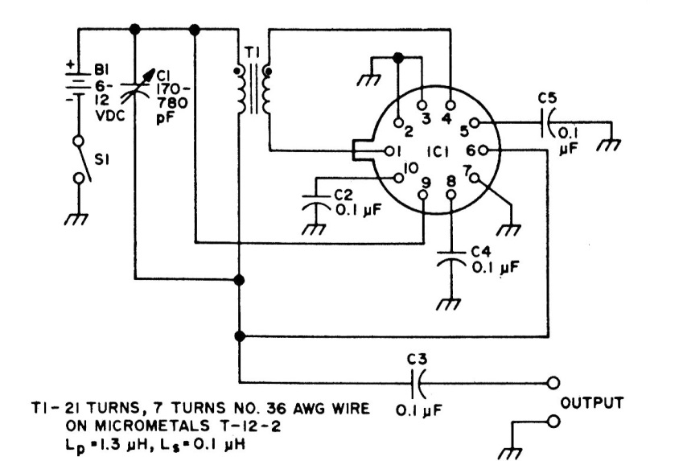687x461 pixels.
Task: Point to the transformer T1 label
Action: coord(252,51)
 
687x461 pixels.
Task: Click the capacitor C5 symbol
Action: coord(549,124)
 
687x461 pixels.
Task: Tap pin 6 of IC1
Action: coord(491,150)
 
